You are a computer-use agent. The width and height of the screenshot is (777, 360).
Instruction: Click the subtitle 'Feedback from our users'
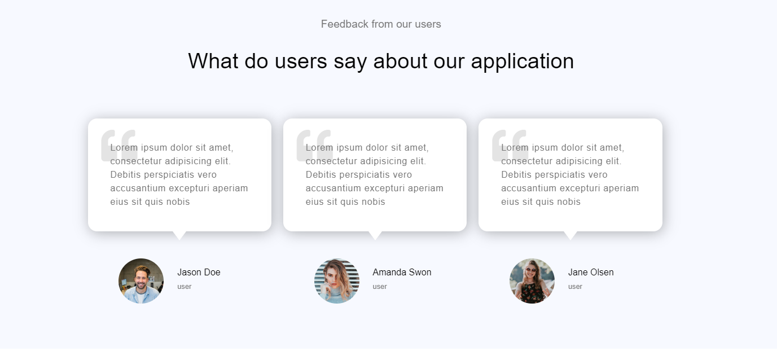coord(381,24)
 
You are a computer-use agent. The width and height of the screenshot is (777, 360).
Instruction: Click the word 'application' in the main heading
coord(522,62)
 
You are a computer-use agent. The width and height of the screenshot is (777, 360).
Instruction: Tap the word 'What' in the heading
coord(213,61)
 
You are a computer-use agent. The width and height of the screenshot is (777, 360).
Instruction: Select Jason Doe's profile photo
coord(141,281)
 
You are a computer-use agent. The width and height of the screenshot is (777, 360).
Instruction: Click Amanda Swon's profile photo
coord(336,281)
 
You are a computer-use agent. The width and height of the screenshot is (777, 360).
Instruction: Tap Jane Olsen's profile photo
coord(532,281)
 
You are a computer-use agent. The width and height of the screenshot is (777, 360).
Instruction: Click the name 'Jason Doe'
coord(199,272)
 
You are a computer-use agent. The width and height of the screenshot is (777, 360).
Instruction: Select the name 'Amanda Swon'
coord(402,272)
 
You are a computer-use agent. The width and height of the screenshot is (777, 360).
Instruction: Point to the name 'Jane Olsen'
coord(591,272)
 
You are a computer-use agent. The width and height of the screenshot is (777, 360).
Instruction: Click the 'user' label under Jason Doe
coord(184,287)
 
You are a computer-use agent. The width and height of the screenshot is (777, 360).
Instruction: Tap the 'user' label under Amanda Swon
coord(380,287)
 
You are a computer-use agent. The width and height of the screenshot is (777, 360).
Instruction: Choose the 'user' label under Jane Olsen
coord(575,287)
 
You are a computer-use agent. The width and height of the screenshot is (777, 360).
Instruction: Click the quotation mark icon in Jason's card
coord(119,146)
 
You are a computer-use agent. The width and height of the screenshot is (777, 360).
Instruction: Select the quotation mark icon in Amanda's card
coord(315,146)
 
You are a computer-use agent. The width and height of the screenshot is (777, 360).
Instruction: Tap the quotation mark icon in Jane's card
coord(510,146)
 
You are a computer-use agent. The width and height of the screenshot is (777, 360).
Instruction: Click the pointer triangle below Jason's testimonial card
coord(179,235)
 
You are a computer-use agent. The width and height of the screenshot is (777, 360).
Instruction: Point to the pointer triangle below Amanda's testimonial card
coord(375,235)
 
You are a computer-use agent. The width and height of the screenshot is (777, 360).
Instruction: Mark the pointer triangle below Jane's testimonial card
coord(570,235)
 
